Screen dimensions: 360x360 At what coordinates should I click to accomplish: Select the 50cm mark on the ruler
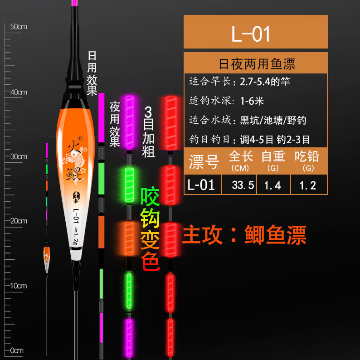click(19, 27)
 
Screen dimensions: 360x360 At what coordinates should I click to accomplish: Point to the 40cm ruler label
click(19, 92)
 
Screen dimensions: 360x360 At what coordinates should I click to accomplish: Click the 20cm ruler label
click(19, 221)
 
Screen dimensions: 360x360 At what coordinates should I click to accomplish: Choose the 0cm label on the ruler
click(18, 350)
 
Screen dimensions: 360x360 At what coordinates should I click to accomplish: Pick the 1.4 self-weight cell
click(272, 185)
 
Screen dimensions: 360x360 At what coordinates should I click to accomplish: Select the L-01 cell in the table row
click(201, 185)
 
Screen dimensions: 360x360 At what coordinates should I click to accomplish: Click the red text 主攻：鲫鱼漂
click(244, 235)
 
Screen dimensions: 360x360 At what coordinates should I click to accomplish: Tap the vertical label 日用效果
click(92, 73)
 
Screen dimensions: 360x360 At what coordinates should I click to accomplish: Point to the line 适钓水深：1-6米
click(227, 101)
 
